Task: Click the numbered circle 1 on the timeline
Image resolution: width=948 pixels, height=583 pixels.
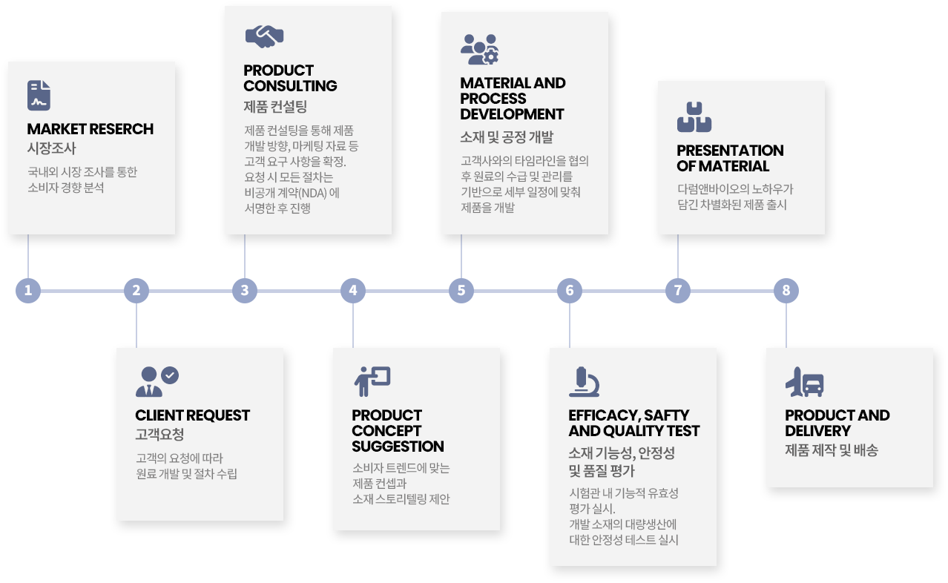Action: pos(28,291)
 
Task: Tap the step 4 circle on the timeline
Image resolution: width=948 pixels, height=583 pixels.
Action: pos(353,291)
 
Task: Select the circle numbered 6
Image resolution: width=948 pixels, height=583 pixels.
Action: pos(570,291)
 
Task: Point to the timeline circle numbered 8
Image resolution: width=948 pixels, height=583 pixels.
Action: pos(786,291)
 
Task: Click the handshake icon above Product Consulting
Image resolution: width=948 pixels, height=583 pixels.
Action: pos(264,35)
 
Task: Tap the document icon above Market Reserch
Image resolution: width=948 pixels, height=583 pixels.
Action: pos(39,96)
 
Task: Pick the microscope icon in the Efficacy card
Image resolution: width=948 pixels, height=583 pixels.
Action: pos(584,382)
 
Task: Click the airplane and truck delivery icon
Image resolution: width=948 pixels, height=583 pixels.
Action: pos(804,382)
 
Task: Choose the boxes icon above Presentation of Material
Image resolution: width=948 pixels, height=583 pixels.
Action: pos(694,117)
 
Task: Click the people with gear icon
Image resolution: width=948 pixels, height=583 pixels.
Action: pos(479,49)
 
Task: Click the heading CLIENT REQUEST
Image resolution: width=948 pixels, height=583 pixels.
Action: pos(193,415)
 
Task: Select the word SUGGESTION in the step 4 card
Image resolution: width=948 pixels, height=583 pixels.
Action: pos(398,447)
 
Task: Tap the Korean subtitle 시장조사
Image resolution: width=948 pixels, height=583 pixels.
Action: pos(52,148)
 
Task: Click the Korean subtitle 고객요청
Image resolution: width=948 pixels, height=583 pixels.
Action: pos(159,435)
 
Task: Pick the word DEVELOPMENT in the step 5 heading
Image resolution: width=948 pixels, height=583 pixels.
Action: pos(512,114)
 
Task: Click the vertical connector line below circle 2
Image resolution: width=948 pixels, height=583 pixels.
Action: pos(136,323)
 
